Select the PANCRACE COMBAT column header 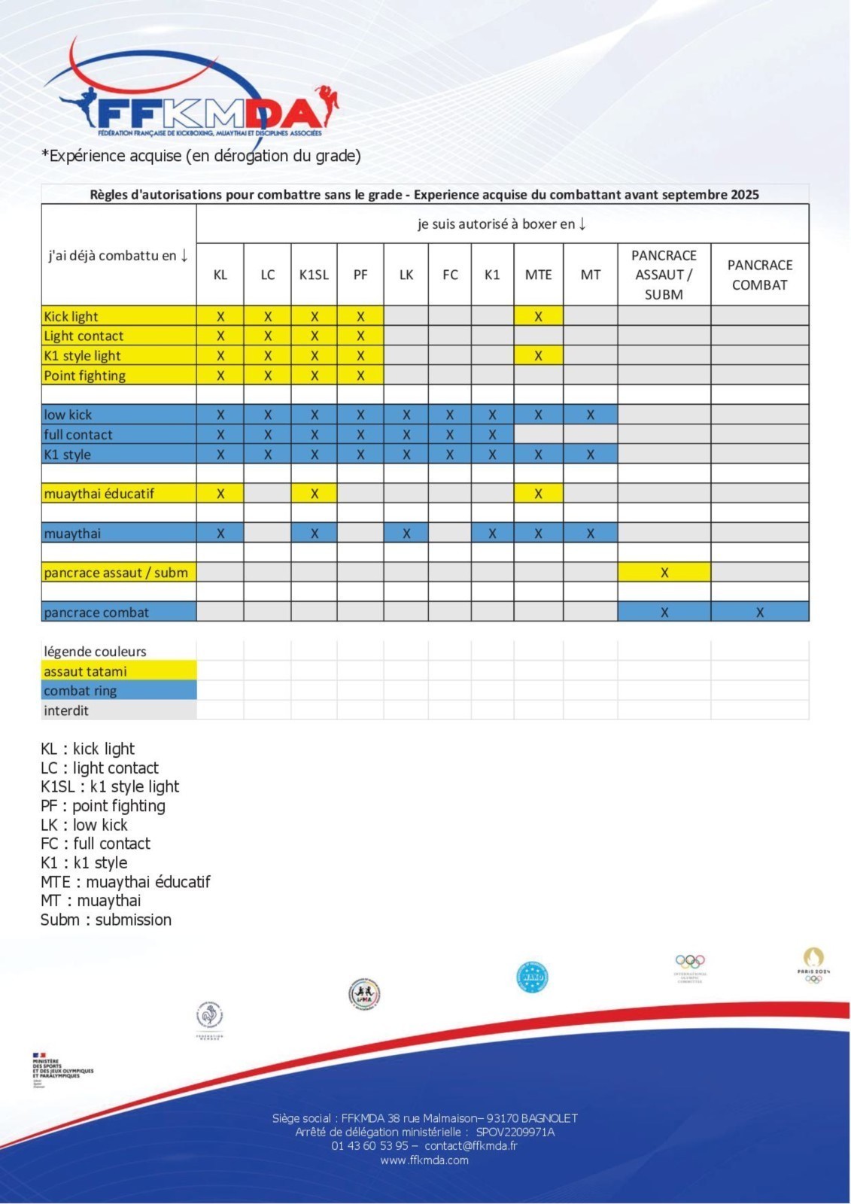(759, 275)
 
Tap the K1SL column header (314, 275)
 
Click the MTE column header (538, 275)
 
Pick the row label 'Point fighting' (85, 375)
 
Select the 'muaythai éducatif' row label (99, 494)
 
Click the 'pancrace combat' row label (96, 612)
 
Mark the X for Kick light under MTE (538, 317)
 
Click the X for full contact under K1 (492, 434)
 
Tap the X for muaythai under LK (406, 534)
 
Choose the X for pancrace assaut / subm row (664, 573)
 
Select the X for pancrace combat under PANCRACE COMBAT (759, 612)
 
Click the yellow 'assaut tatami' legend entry (86, 671)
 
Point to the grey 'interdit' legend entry (66, 710)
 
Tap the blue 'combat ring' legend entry (81, 691)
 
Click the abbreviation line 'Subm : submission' (106, 920)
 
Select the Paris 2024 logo (813, 965)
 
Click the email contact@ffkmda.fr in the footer (471, 1146)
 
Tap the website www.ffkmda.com (424, 1160)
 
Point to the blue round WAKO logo (532, 977)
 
